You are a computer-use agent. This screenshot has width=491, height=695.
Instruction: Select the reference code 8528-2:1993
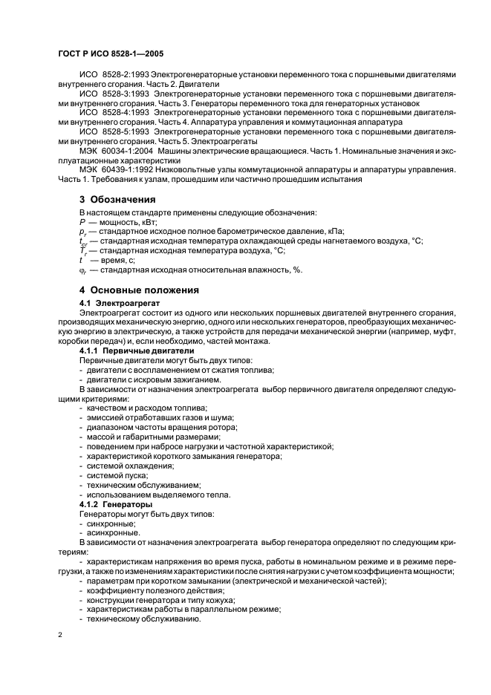tap(122, 75)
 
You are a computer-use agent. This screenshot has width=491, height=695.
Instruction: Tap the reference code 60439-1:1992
tap(126, 169)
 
